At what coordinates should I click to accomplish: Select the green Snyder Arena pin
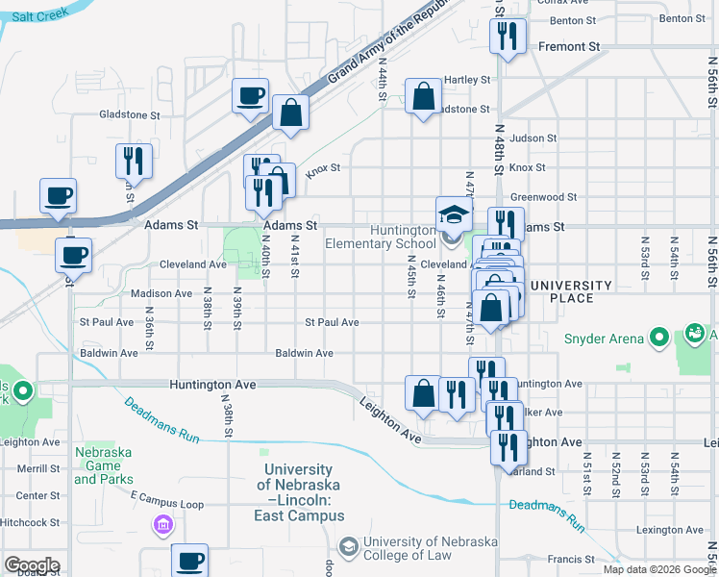659,338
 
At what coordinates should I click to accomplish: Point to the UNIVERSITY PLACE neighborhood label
571,292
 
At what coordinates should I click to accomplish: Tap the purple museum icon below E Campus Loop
162,525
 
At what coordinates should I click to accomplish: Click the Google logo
32,565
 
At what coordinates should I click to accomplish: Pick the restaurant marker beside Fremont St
507,38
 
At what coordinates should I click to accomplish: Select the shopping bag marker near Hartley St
423,97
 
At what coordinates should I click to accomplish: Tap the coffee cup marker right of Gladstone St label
251,96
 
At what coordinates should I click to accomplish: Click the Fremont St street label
569,46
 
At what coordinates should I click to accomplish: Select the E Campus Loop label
167,504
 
